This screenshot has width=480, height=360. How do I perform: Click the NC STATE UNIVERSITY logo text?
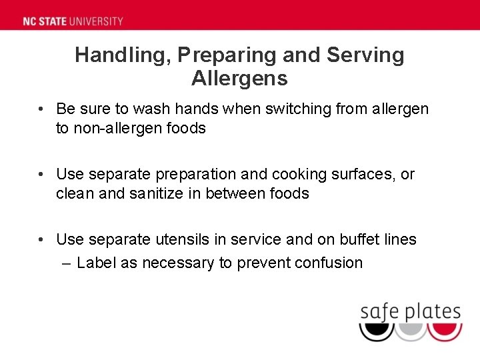click(73, 21)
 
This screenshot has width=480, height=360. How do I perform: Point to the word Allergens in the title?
click(239, 79)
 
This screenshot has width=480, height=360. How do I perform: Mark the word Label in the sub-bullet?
click(96, 263)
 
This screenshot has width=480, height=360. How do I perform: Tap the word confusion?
click(329, 263)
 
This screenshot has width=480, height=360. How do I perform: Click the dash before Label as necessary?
click(65, 263)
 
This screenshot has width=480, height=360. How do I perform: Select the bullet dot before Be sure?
click(41, 108)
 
